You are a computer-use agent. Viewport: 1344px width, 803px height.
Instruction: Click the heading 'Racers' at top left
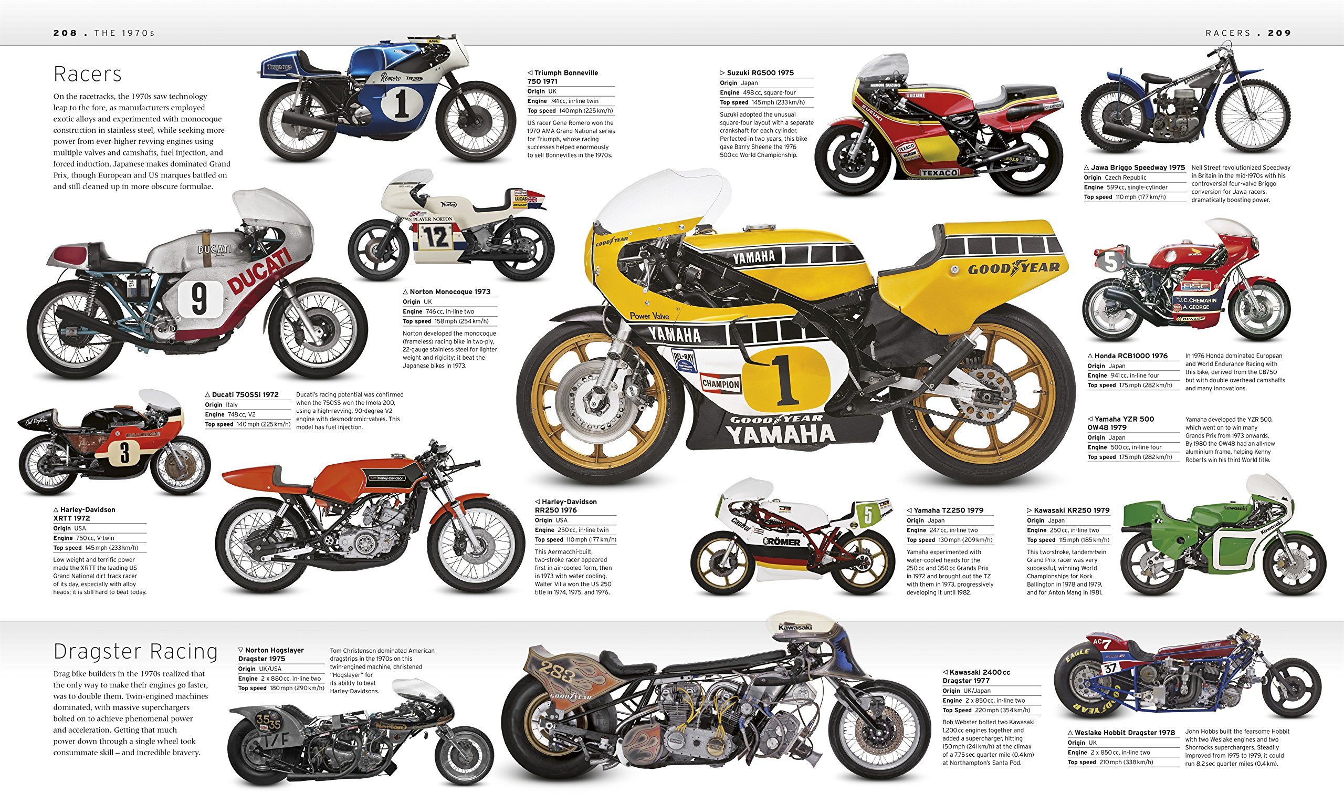[x=88, y=74]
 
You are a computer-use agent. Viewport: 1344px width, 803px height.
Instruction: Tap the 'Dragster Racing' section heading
[x=135, y=652]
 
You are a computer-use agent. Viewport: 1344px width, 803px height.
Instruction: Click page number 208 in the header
[x=65, y=33]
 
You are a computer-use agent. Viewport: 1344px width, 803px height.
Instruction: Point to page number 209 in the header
[x=1279, y=33]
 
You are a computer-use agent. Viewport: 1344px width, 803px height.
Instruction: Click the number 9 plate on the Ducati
[x=199, y=298]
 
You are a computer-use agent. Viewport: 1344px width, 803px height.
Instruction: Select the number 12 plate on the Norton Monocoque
[x=435, y=237]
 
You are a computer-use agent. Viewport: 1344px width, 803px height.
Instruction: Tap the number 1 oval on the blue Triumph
[x=401, y=103]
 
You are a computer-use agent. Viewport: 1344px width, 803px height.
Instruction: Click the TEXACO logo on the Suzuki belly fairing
[x=939, y=173]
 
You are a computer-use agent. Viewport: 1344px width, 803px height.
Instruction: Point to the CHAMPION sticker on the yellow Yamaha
[x=720, y=383]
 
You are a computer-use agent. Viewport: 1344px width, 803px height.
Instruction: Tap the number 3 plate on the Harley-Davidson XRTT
[x=125, y=453]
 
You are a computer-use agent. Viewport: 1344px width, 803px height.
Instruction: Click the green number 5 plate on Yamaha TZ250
[x=868, y=514]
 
